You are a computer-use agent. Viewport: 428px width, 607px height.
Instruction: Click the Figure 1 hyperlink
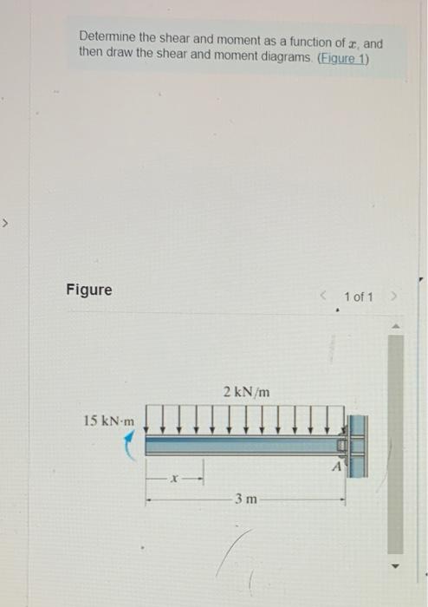click(x=343, y=59)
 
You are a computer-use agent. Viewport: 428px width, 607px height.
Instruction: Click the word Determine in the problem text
click(x=107, y=36)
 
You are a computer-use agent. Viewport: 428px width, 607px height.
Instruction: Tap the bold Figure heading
click(x=89, y=290)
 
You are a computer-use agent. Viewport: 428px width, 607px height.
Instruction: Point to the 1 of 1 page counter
click(x=359, y=297)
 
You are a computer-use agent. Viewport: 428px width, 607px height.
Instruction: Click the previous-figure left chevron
click(x=324, y=297)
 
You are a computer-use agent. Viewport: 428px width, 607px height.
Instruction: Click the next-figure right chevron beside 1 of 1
click(x=393, y=297)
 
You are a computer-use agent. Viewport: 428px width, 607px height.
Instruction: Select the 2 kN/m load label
click(x=247, y=392)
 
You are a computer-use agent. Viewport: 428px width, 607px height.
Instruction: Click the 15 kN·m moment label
click(x=109, y=421)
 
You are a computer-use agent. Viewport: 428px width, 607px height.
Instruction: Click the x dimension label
click(x=174, y=479)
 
